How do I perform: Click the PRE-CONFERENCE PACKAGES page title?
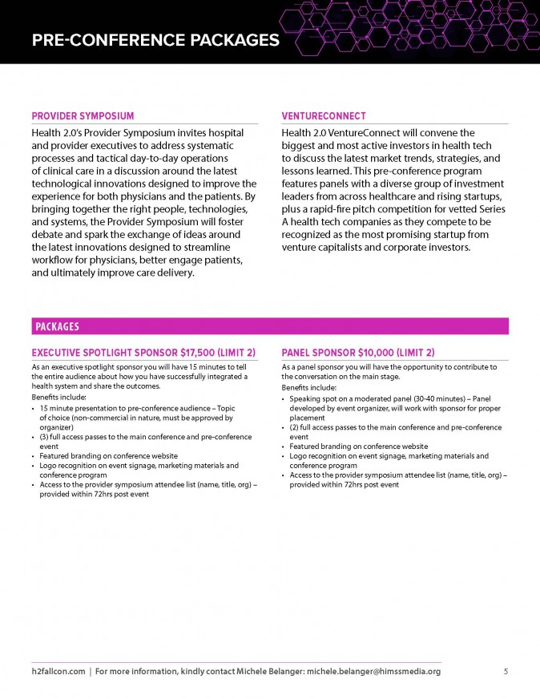pos(155,39)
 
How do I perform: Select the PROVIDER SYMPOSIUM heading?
pos(83,116)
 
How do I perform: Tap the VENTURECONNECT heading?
pos(324,116)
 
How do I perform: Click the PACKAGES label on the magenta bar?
pos(57,326)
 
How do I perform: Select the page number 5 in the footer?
pos(506,672)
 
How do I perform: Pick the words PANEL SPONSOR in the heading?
pos(315,353)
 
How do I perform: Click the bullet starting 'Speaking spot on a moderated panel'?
pos(389,398)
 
